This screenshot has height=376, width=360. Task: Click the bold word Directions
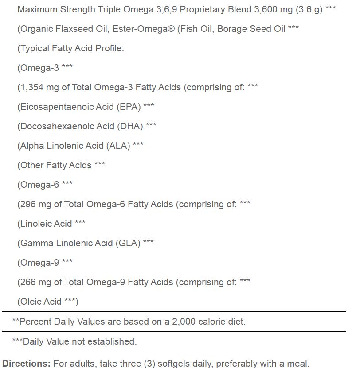[x=26, y=364]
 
